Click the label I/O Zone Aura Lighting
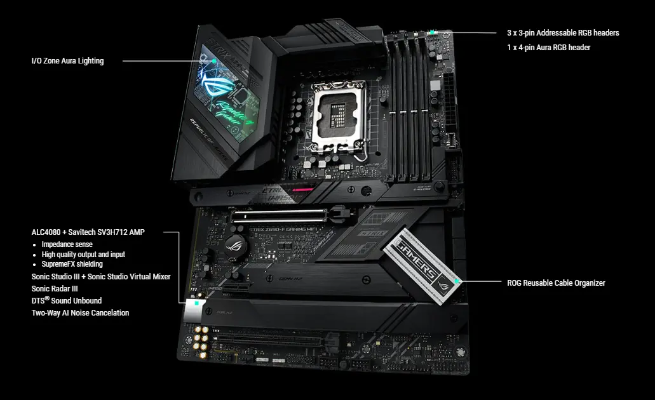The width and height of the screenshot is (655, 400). [67, 61]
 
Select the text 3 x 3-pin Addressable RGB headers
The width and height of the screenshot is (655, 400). [562, 32]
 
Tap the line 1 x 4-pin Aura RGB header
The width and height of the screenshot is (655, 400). [548, 48]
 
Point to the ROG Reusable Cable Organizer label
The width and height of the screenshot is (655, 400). [556, 283]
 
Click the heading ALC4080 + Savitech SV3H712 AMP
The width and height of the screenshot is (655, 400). [88, 232]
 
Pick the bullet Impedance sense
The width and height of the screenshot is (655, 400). [67, 244]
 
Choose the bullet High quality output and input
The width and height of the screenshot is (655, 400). [83, 255]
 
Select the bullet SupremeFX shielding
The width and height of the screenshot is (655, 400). [72, 264]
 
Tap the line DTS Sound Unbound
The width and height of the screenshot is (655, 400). [67, 300]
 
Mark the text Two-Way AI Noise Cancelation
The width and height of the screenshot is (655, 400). [80, 312]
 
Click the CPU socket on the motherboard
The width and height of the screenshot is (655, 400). [337, 117]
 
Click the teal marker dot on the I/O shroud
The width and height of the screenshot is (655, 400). [215, 61]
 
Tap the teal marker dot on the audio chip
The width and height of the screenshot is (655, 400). [198, 304]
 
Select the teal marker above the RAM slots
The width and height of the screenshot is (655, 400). [431, 32]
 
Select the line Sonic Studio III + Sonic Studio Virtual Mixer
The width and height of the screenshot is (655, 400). [101, 277]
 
